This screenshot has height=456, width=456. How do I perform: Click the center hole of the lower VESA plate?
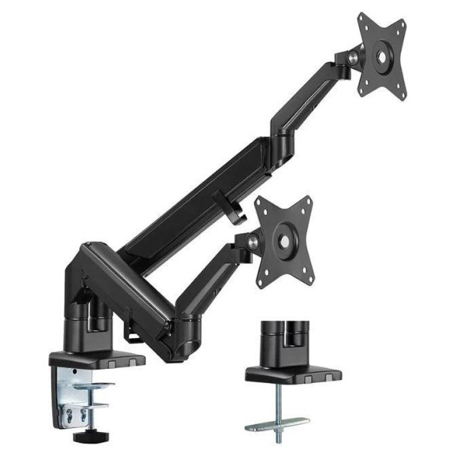(x=283, y=241)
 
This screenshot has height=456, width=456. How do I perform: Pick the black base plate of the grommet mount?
(x=293, y=374)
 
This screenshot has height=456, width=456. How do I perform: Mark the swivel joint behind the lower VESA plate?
(x=254, y=242)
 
